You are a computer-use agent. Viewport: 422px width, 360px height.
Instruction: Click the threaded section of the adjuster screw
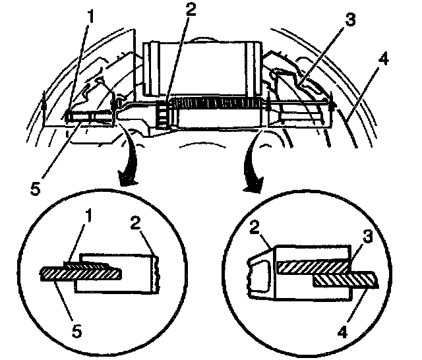pyautogui.click(x=218, y=104)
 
